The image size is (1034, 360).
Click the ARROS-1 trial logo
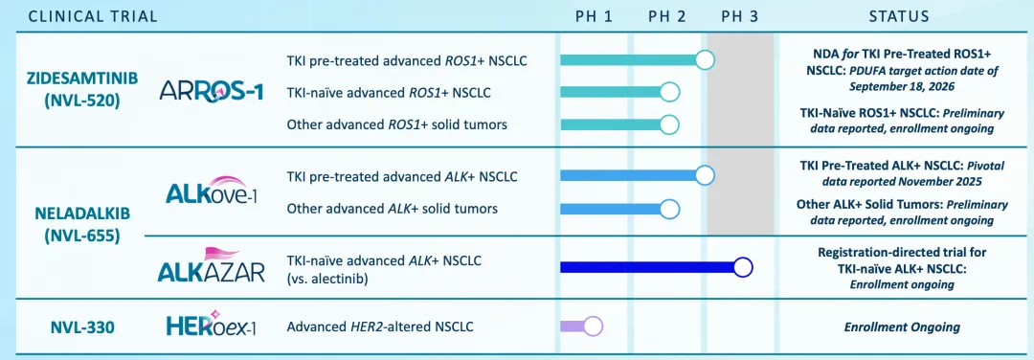[x=211, y=91]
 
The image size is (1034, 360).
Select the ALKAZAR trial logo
[x=211, y=265]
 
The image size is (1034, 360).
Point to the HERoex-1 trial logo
[x=211, y=326]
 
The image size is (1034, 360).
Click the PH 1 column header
[x=595, y=16]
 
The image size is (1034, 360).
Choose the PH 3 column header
[x=739, y=16]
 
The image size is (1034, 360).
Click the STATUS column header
[x=899, y=16]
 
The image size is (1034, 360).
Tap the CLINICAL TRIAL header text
[x=92, y=16]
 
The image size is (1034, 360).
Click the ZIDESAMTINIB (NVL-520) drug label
[x=82, y=90]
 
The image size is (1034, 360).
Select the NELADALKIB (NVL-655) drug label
[x=82, y=226]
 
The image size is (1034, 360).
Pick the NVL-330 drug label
[x=82, y=326]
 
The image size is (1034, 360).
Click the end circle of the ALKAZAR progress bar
[x=743, y=267]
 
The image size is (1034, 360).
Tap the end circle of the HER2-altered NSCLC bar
[x=593, y=326]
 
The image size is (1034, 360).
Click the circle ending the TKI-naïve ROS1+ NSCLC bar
[x=669, y=92]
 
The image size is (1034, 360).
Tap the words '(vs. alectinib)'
[x=327, y=278]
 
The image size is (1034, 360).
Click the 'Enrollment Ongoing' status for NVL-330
[x=902, y=327]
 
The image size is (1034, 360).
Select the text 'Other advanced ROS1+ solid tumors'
[x=397, y=124]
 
